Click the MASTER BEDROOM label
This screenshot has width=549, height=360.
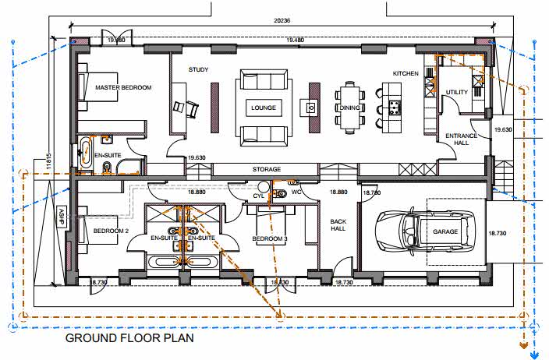click(123, 87)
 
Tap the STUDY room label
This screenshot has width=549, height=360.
click(198, 70)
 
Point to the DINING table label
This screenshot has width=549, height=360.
click(350, 108)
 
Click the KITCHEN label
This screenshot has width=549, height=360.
click(406, 73)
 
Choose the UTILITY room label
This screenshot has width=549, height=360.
click(456, 92)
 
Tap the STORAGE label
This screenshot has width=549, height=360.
click(267, 169)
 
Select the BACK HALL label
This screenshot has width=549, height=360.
click(337, 226)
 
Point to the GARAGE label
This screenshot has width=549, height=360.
click(445, 231)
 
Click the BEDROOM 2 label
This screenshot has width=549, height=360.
click(110, 231)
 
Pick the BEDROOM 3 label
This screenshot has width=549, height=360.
click(270, 238)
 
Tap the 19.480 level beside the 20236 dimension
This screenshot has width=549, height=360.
click(295, 39)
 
